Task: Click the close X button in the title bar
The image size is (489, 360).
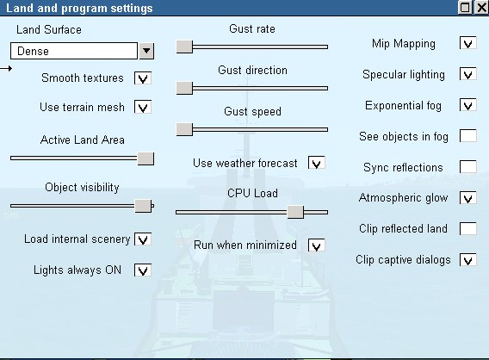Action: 481,8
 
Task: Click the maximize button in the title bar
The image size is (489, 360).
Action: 465,8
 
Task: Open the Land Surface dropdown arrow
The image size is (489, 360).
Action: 146,51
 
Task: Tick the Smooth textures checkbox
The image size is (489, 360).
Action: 143,78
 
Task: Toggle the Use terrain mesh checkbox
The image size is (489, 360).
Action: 143,107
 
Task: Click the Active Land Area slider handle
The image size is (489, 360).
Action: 145,158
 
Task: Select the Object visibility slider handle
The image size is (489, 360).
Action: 143,206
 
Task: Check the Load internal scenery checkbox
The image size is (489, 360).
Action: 143,239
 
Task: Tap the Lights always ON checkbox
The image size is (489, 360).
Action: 143,270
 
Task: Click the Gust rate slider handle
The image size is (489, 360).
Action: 184,47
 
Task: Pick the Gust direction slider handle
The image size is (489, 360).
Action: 184,89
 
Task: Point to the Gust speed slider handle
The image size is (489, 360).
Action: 184,129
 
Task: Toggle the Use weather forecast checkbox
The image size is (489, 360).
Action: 317,163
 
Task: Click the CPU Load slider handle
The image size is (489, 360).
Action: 295,212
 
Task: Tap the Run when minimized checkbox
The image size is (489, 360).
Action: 317,245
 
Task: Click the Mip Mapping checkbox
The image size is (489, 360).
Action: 468,43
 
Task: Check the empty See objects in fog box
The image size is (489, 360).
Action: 468,136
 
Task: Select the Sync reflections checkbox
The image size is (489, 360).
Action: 468,167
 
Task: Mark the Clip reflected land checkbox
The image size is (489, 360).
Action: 468,229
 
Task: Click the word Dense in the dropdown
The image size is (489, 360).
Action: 33,51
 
